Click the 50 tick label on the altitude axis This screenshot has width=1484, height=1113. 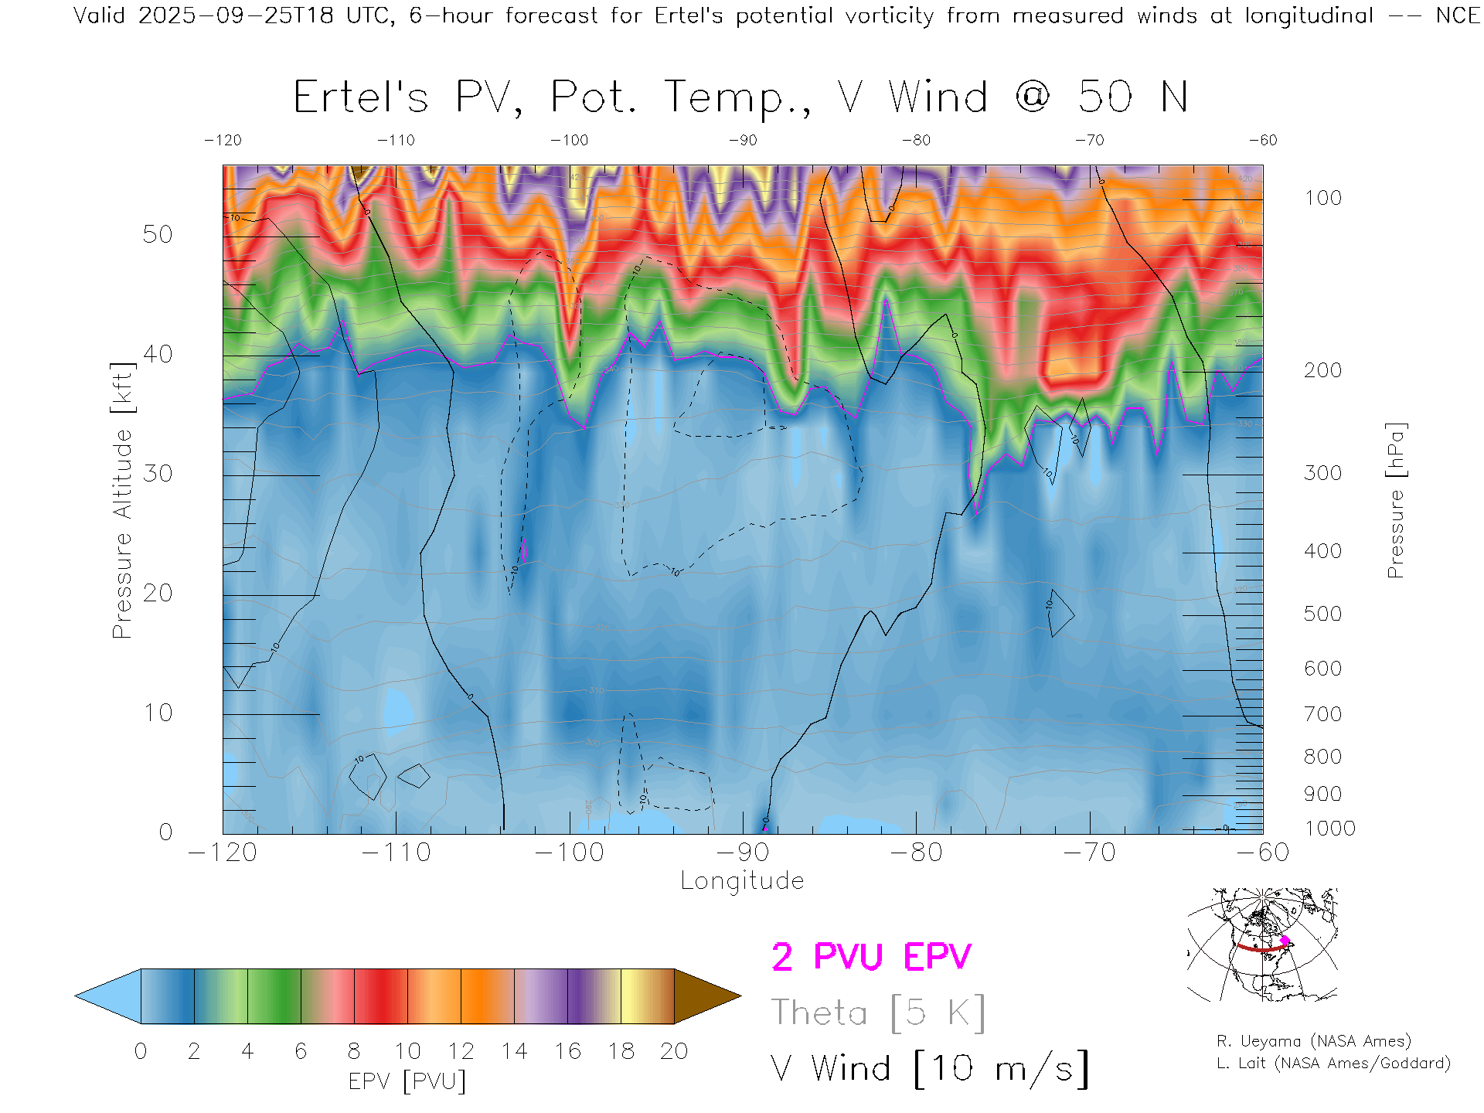(157, 234)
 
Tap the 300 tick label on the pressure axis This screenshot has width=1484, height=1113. (1322, 473)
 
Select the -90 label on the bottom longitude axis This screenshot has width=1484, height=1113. (742, 853)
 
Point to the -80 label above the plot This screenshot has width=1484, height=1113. (916, 141)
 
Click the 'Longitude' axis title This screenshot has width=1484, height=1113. (742, 881)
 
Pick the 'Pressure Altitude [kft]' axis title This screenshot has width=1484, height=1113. (122, 500)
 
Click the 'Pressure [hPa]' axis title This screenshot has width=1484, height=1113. (1395, 500)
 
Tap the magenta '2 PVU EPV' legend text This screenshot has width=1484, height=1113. (871, 957)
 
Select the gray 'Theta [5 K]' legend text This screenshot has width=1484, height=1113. (878, 1013)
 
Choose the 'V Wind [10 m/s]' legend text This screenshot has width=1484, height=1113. (929, 1069)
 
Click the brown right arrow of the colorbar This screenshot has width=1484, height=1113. (706, 996)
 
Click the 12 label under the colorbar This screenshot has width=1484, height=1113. (461, 1051)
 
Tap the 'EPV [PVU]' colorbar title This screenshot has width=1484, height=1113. (407, 1081)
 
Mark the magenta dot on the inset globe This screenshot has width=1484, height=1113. (1285, 941)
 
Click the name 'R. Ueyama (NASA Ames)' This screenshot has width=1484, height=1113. (1314, 1041)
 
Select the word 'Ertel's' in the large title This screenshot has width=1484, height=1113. (360, 98)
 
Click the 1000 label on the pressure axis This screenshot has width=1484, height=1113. (1329, 829)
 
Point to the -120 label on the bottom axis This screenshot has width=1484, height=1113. (223, 853)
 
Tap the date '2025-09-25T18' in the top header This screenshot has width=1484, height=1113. (236, 15)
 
